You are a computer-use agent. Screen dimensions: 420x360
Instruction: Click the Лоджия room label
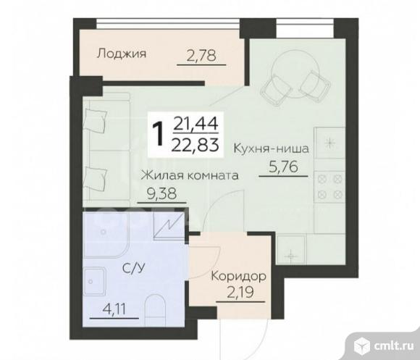click(122, 54)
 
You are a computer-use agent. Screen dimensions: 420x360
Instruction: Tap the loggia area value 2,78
click(201, 56)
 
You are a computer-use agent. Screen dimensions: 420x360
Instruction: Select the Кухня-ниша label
click(272, 148)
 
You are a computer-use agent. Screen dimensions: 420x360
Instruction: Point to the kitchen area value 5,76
click(283, 167)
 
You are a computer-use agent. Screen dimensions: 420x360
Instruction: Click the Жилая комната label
click(190, 176)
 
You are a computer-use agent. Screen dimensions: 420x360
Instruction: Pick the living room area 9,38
click(161, 193)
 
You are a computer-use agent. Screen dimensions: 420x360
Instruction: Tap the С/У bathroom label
click(133, 267)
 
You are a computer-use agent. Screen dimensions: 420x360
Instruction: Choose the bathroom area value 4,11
click(114, 310)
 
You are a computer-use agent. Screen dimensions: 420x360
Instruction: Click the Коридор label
click(238, 277)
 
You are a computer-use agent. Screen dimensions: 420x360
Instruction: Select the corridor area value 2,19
click(240, 292)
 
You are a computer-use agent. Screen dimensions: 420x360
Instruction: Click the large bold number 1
click(159, 133)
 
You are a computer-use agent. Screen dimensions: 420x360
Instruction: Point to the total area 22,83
click(196, 146)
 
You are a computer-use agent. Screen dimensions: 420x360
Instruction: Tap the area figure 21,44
click(196, 124)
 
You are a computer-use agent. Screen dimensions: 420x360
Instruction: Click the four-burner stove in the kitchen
click(330, 186)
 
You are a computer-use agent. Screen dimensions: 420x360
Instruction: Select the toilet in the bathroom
click(156, 310)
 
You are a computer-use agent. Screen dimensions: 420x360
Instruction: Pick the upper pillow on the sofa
click(96, 120)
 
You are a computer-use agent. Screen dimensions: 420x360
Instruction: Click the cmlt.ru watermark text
click(395, 346)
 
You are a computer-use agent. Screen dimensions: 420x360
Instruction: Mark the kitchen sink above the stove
click(330, 143)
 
